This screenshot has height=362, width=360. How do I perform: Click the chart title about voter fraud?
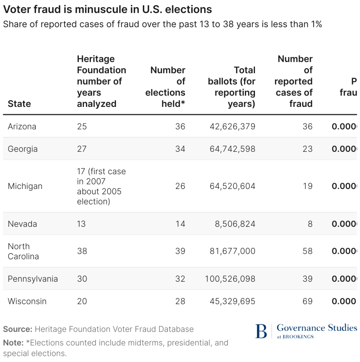108,10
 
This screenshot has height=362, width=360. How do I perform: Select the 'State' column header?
19,104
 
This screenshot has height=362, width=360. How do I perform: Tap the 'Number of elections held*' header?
166,87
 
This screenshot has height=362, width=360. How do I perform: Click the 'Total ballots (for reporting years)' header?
232,87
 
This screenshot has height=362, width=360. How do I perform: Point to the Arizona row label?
22,126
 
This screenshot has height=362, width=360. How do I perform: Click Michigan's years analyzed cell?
101,186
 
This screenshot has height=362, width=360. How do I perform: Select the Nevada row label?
22,224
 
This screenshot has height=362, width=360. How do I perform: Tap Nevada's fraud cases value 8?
310,224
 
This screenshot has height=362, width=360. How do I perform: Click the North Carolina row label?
23,251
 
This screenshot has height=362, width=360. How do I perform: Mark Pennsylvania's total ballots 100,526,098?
230,279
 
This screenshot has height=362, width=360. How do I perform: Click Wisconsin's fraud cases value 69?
308,301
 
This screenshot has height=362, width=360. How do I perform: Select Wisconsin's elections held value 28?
180,301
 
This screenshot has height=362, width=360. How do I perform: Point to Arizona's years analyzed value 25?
82,126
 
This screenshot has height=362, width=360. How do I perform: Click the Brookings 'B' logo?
261,331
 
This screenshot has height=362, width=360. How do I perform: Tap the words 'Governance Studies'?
317,328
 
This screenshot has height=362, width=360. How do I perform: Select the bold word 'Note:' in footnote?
13,343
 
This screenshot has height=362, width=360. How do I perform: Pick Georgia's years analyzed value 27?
82,149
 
